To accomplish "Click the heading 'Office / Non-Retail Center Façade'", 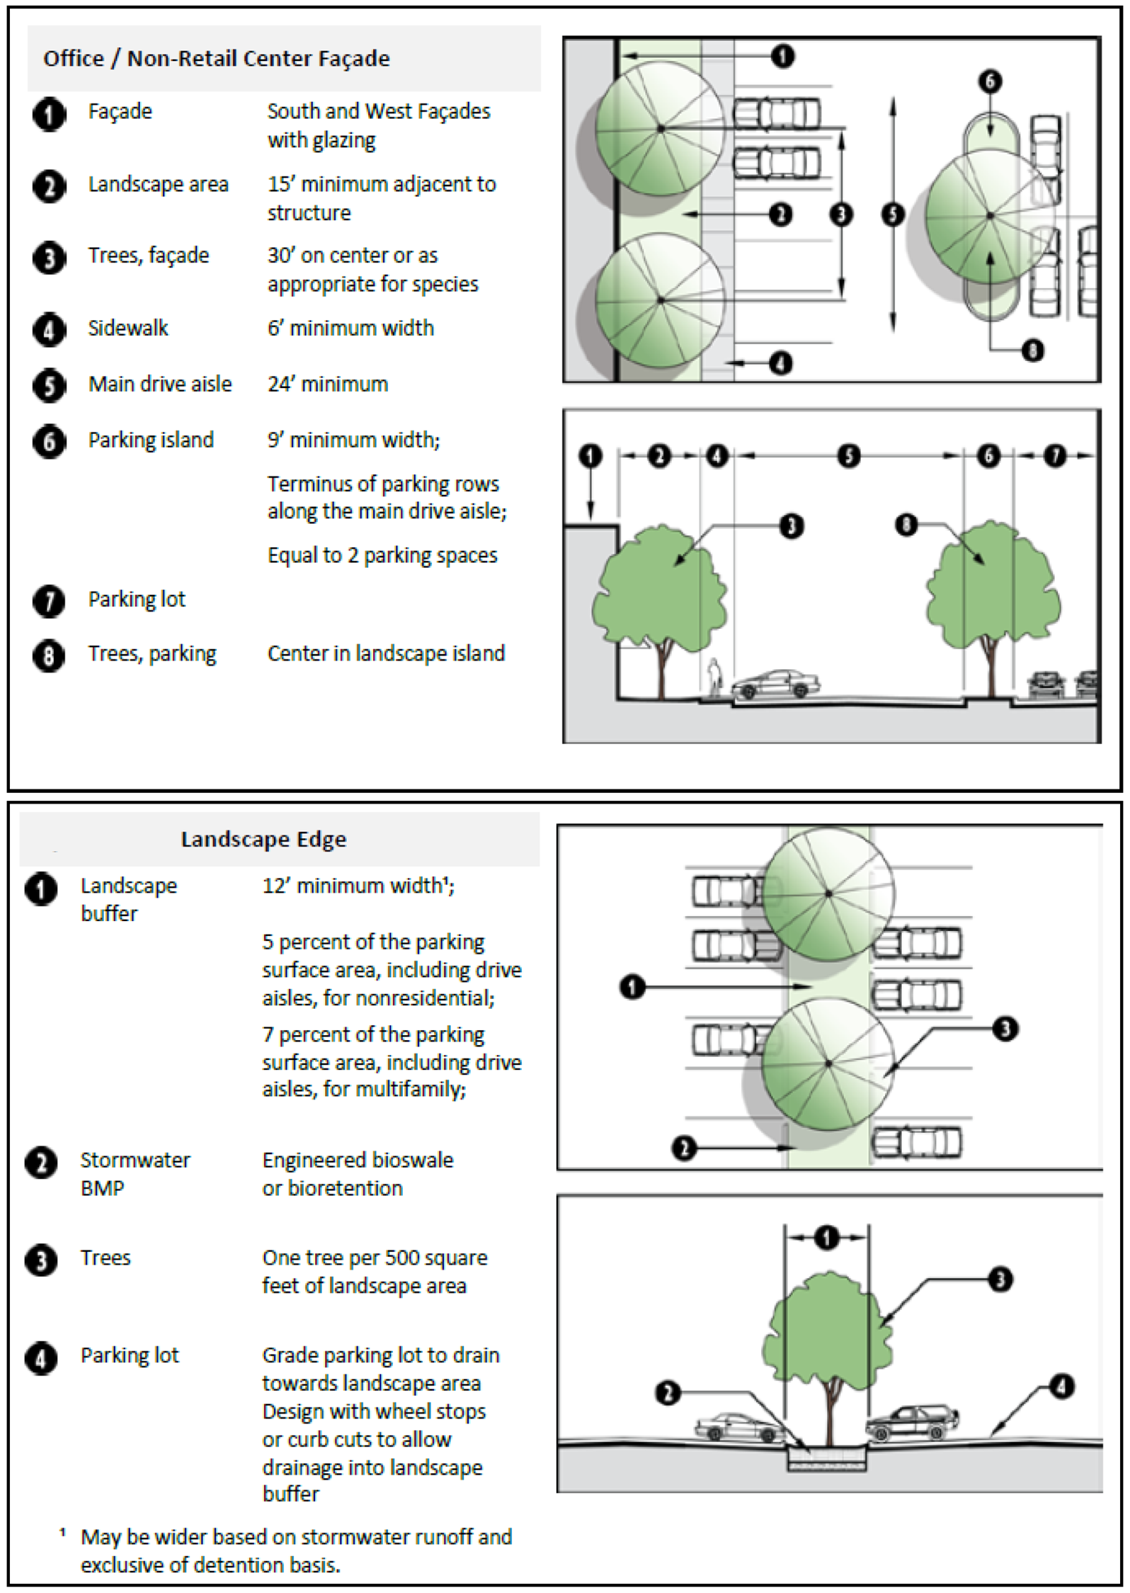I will pyautogui.click(x=216, y=58).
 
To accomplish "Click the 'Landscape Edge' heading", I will pyautogui.click(x=263, y=839).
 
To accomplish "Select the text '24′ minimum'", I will pyautogui.click(x=327, y=384).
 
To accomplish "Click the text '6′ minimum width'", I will pyautogui.click(x=350, y=328).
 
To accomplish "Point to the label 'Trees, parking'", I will pyautogui.click(x=152, y=653).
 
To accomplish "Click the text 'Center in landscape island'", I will pyautogui.click(x=386, y=653).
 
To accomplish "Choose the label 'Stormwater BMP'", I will pyautogui.click(x=135, y=1173).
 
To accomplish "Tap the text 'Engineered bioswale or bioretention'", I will pyautogui.click(x=358, y=1173).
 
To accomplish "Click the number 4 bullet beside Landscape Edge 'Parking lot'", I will pyautogui.click(x=41, y=1358).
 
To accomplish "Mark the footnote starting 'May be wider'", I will pyautogui.click(x=295, y=1550).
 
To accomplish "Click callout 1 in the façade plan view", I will pyautogui.click(x=782, y=55).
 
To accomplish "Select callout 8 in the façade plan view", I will pyautogui.click(x=1032, y=350).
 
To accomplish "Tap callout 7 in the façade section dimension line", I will pyautogui.click(x=1055, y=456).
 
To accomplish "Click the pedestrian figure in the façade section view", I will pyautogui.click(x=715, y=678).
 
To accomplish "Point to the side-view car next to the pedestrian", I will pyautogui.click(x=775, y=685).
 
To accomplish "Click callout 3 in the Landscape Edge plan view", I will pyautogui.click(x=1005, y=1029).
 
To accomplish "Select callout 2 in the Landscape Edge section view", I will pyautogui.click(x=668, y=1394).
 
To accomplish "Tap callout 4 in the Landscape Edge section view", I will pyautogui.click(x=1061, y=1387).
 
